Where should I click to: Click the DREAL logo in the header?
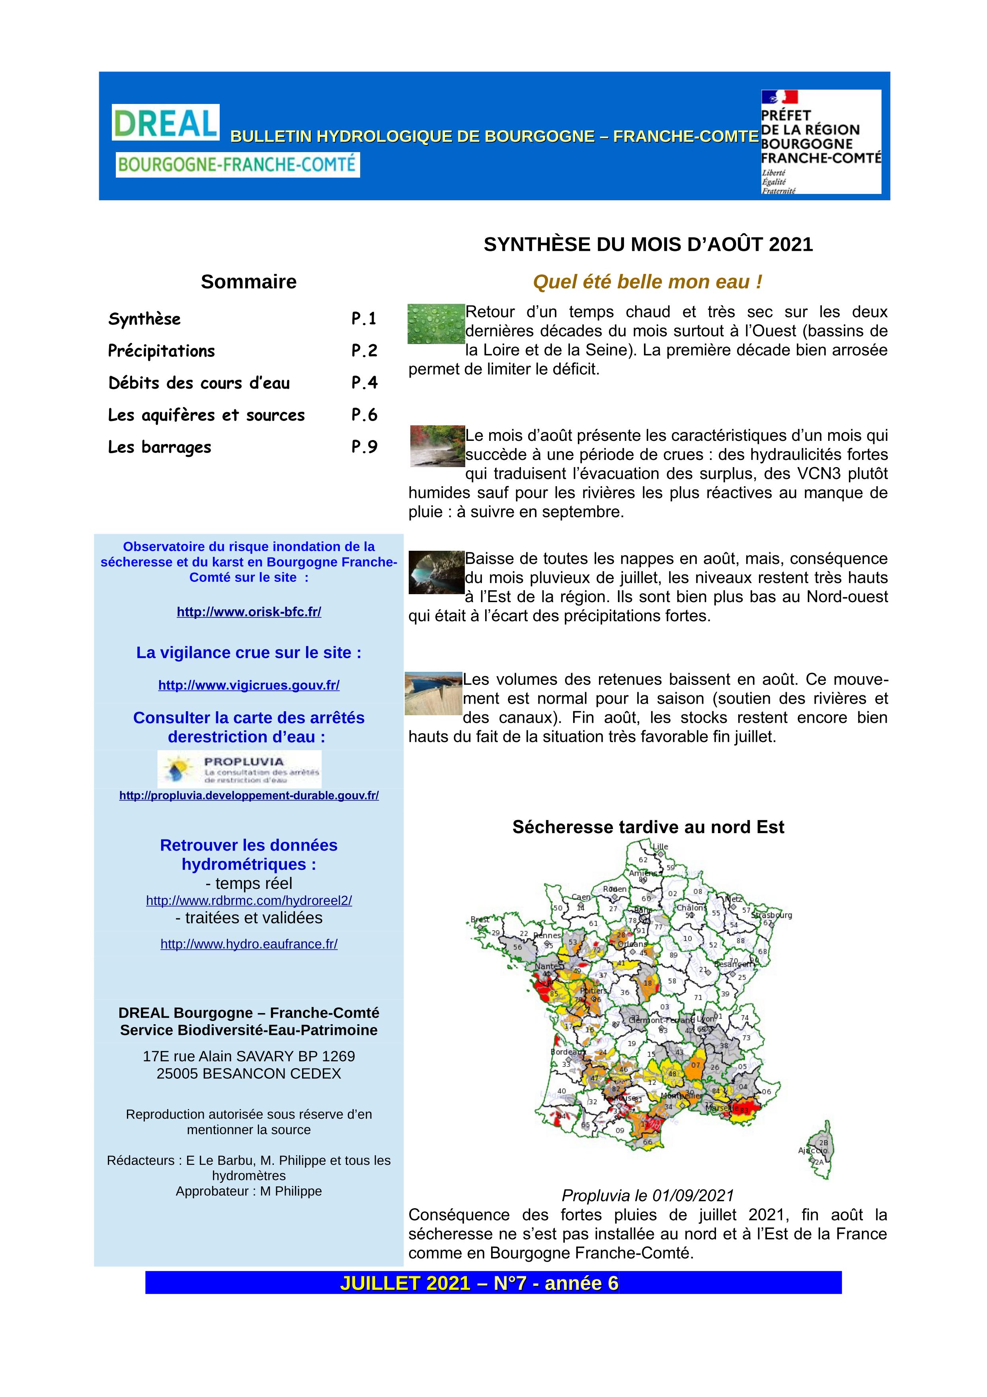click(166, 122)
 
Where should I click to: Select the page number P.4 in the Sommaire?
click(364, 383)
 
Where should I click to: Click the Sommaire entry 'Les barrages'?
click(159, 447)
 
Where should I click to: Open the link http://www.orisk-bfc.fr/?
click(249, 612)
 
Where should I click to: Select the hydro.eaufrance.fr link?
click(249, 944)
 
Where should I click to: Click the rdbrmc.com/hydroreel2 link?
click(249, 900)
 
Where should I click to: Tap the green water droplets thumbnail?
click(435, 324)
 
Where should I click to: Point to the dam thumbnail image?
click(433, 694)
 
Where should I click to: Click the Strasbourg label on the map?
click(772, 915)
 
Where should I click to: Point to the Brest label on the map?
click(480, 920)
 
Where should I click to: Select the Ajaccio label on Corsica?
click(812, 1150)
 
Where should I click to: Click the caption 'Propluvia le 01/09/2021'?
click(648, 1195)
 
